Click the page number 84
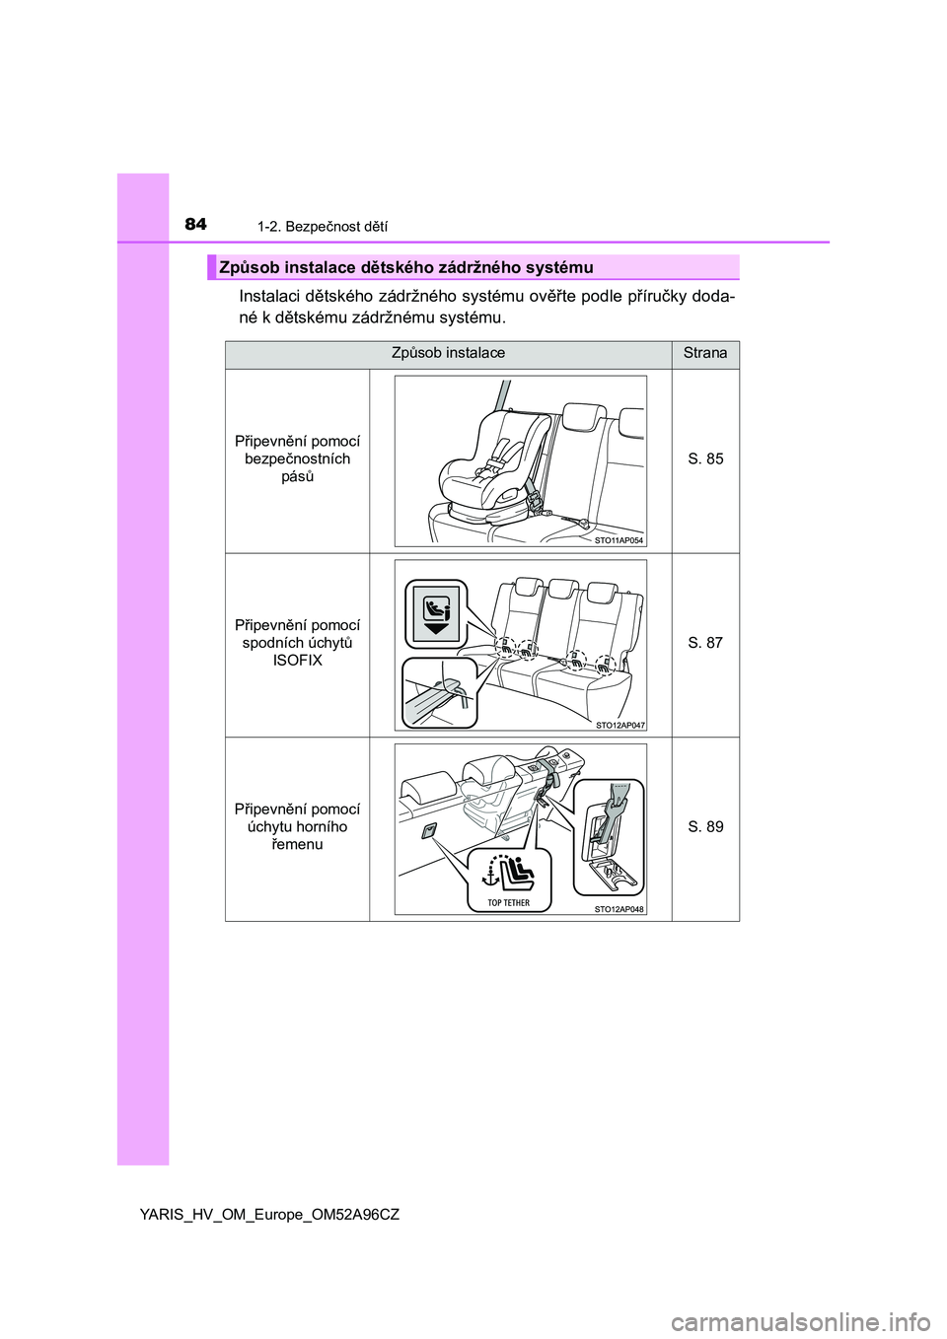point(195,224)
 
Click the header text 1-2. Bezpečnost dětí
point(322,227)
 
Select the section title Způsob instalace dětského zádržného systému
point(406,267)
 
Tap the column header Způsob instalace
point(448,353)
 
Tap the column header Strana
point(705,353)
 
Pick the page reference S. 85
point(705,458)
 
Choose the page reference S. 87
point(705,643)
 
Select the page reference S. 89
point(705,826)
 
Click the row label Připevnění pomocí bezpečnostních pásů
point(297,458)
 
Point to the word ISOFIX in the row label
point(297,661)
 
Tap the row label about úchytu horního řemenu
point(297,826)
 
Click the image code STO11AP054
point(619,540)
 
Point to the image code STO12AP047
point(619,725)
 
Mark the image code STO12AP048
point(619,909)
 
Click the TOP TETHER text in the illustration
point(508,902)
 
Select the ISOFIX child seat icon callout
point(436,613)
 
